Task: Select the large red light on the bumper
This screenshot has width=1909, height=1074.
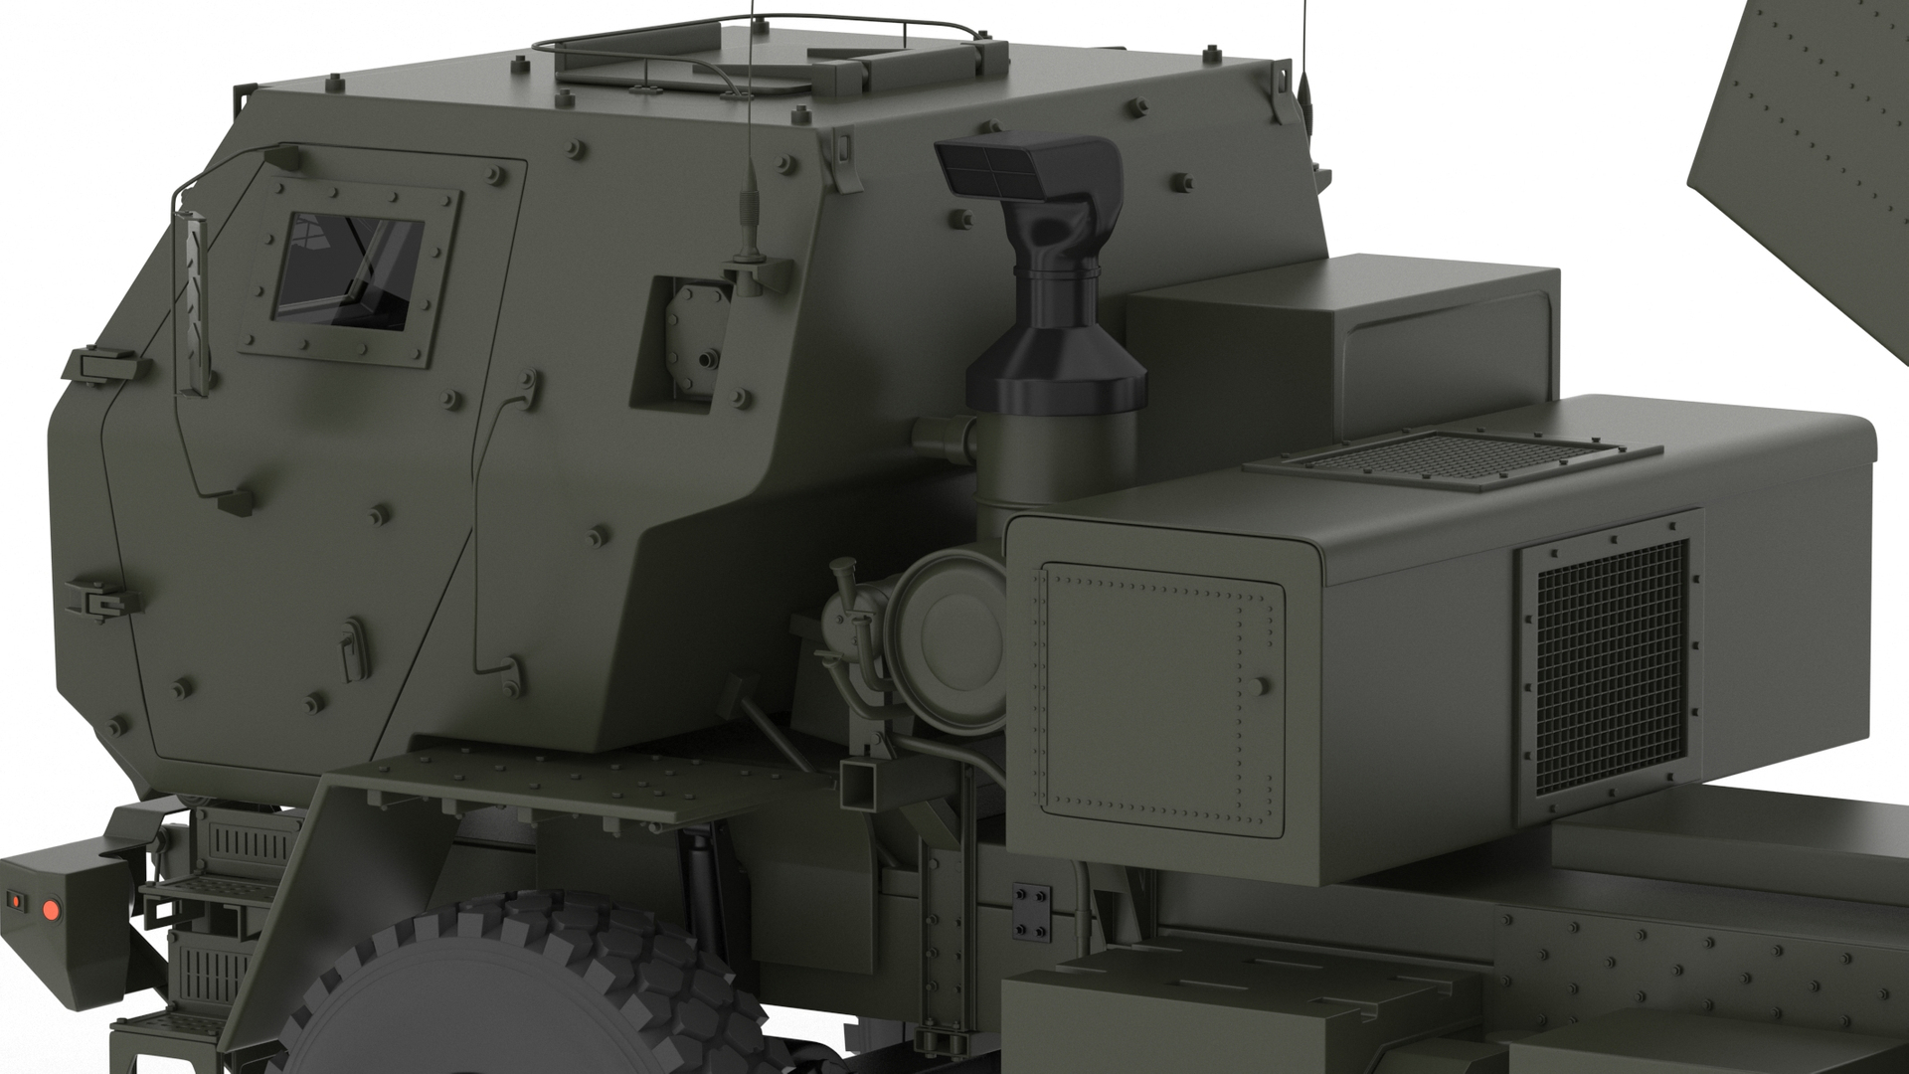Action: (51, 908)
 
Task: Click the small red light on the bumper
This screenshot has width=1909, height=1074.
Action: (15, 901)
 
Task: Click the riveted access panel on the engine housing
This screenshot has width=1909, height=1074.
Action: (1158, 695)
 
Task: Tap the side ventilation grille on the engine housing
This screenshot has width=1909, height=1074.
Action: (1611, 665)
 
